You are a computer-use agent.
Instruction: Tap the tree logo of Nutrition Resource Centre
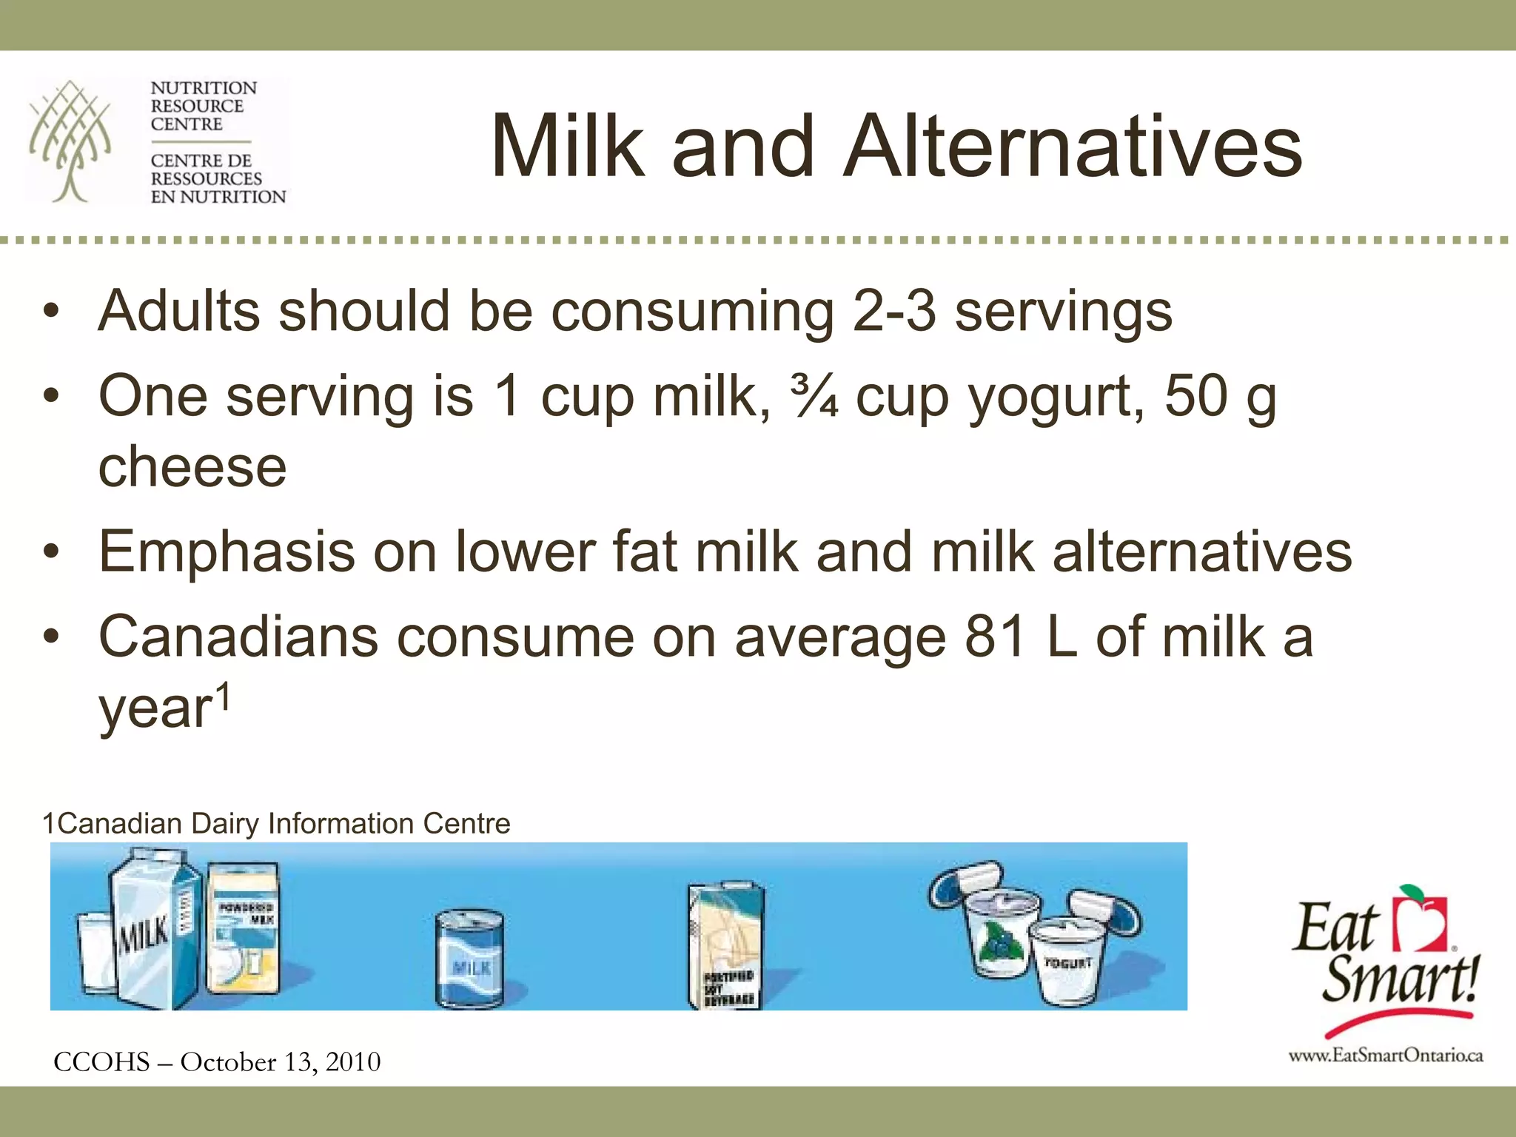(70, 141)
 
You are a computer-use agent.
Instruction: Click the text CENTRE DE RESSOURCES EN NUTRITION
(217, 178)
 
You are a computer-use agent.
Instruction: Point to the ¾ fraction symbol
(814, 396)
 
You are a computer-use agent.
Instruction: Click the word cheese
(192, 467)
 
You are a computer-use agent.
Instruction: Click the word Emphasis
(227, 552)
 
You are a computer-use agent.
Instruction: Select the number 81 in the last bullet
(996, 637)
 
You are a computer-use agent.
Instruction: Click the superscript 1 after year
(223, 697)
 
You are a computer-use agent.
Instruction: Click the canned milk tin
(469, 959)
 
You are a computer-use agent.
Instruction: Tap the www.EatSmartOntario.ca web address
(1386, 1056)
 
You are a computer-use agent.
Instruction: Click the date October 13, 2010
(281, 1062)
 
